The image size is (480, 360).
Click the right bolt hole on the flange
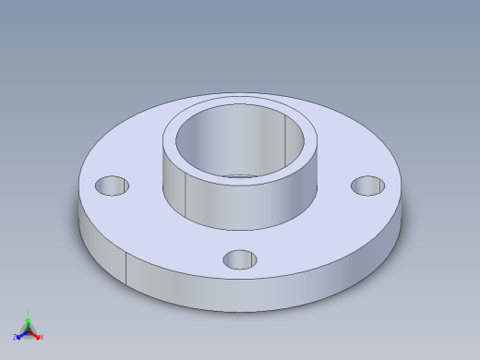click(x=368, y=186)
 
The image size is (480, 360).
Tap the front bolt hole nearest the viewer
click(x=240, y=259)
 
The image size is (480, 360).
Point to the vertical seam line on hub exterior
click(x=186, y=195)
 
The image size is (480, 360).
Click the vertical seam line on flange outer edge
click(x=126, y=269)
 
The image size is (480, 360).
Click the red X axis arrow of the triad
click(x=36, y=335)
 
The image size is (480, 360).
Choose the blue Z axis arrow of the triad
click(x=20, y=335)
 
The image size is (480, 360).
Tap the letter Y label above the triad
click(x=28, y=314)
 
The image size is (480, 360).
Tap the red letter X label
click(x=42, y=337)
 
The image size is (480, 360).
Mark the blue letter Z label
click(x=15, y=338)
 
